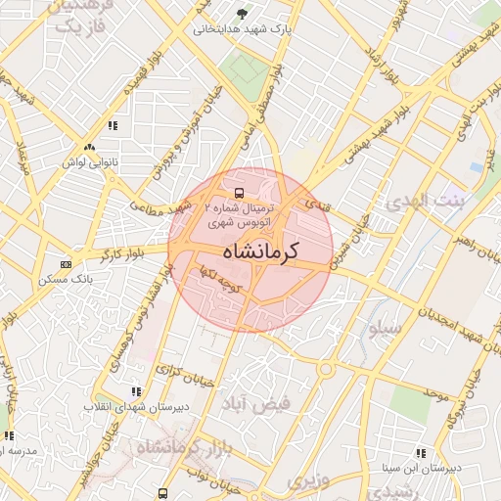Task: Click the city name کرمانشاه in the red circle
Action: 250,250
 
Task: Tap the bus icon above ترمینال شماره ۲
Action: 240,193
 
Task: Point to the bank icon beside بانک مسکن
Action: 66,264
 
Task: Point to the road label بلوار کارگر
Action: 115,257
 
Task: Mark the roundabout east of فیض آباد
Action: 324,369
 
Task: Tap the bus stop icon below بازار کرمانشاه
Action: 162,492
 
